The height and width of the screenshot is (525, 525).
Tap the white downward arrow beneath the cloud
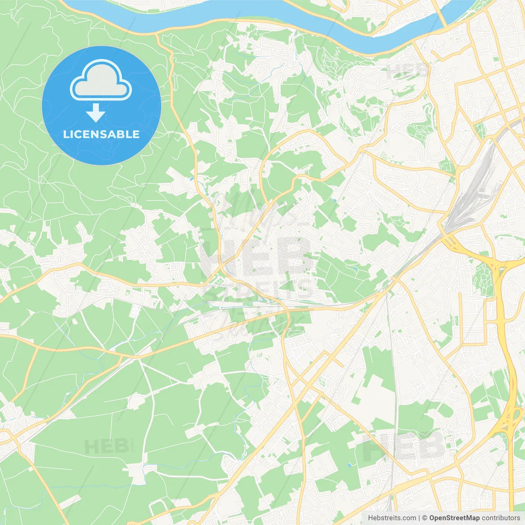(x=96, y=112)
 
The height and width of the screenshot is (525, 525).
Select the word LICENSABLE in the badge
(x=101, y=135)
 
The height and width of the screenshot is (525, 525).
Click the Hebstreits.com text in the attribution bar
(x=392, y=518)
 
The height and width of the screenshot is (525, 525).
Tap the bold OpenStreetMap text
(x=454, y=518)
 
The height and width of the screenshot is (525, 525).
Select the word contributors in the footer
(x=500, y=518)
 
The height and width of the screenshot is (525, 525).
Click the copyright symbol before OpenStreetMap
(x=425, y=518)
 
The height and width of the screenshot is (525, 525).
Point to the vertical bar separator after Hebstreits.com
(x=419, y=518)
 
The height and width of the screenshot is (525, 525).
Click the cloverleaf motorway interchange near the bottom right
(x=509, y=422)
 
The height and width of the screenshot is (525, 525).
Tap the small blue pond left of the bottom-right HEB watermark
(x=349, y=466)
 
